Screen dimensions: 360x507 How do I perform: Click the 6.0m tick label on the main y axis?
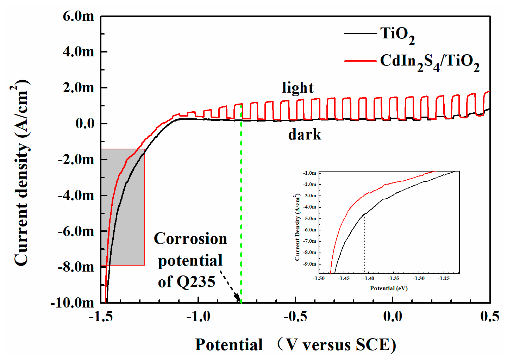[x=78, y=16]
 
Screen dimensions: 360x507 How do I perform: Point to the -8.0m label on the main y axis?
[x=76, y=267]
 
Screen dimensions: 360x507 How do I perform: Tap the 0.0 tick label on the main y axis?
[x=85, y=124]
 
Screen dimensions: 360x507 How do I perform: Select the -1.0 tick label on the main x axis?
[x=198, y=316]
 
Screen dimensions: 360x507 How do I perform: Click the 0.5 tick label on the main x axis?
[x=490, y=316]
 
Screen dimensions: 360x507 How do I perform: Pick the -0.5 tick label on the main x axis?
[x=295, y=316]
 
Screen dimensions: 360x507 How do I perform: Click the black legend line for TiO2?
[x=360, y=33]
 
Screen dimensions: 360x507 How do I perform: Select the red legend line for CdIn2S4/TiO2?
[x=360, y=61]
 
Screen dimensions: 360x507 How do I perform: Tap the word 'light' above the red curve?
[x=298, y=88]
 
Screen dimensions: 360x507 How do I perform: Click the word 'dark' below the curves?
[x=305, y=135]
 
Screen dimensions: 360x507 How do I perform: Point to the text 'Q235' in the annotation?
[x=196, y=282]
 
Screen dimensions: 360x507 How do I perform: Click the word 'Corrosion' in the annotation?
[x=190, y=239]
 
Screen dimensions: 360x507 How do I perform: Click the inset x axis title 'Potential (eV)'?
[x=389, y=288]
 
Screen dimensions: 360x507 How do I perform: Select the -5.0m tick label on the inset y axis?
[x=309, y=218]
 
